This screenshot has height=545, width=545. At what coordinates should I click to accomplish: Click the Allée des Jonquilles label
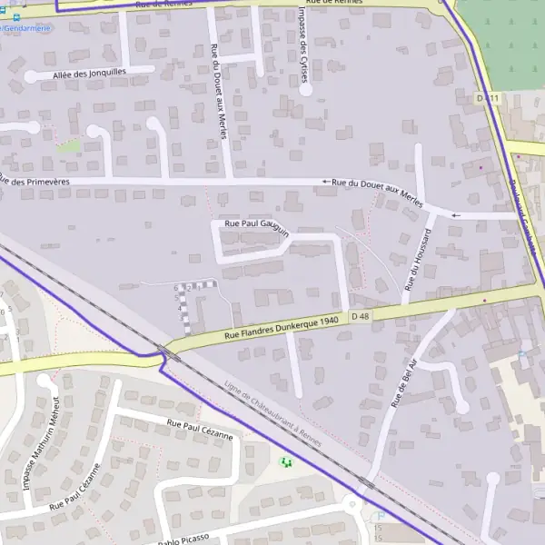(x=91, y=72)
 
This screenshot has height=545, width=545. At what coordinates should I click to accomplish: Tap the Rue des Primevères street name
(x=36, y=180)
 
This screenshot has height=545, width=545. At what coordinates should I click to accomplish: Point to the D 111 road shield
(x=488, y=97)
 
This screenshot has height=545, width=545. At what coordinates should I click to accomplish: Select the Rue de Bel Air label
(x=403, y=381)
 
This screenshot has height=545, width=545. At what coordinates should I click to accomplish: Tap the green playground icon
(x=286, y=463)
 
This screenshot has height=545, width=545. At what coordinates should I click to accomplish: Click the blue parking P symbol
(x=381, y=516)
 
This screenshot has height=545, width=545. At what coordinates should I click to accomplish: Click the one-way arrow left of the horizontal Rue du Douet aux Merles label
(x=324, y=182)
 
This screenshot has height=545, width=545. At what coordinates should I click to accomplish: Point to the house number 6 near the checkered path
(x=176, y=287)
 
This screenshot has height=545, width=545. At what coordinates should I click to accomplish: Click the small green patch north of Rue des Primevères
(x=68, y=145)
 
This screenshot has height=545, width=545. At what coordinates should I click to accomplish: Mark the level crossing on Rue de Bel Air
(x=366, y=483)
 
